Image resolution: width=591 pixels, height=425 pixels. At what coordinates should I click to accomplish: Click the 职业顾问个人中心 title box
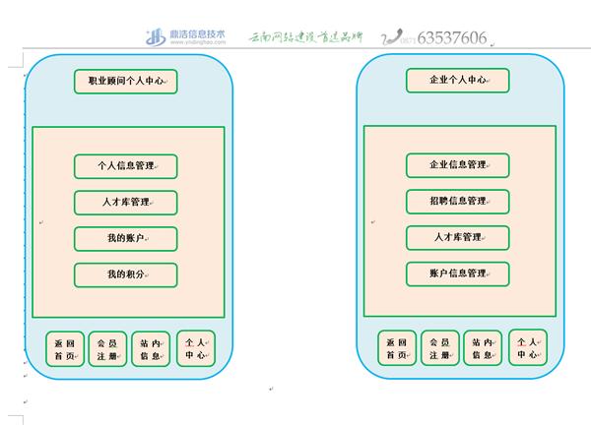(x=126, y=81)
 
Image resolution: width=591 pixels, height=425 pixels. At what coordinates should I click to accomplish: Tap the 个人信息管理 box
(x=126, y=165)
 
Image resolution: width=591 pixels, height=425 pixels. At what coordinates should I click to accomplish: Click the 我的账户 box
(x=126, y=238)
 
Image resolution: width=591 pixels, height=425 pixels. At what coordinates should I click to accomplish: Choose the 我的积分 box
(x=126, y=274)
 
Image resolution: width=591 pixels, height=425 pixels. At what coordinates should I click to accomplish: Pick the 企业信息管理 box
(x=458, y=165)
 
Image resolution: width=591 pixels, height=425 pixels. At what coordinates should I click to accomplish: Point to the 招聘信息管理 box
(x=458, y=202)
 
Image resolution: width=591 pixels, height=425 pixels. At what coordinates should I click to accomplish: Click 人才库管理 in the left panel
(x=126, y=202)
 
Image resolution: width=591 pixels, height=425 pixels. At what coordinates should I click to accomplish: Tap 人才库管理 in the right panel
(x=458, y=238)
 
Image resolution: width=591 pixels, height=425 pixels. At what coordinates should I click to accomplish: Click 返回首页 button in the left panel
(x=65, y=348)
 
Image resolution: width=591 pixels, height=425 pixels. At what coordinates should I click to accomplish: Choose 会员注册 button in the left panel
(x=107, y=348)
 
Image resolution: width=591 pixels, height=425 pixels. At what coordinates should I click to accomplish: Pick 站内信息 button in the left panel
(x=151, y=348)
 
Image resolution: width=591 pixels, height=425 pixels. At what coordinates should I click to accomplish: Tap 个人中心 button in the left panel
(x=195, y=348)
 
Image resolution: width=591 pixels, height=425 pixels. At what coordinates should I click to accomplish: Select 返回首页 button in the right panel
(x=397, y=348)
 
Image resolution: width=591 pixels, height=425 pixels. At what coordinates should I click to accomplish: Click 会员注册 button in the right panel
(x=439, y=348)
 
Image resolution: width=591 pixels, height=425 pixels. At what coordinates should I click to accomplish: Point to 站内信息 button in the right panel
(x=483, y=348)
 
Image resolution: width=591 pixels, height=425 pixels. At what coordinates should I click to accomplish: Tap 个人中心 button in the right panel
(x=527, y=348)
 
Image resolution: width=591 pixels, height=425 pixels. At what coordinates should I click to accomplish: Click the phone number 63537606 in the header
(x=452, y=38)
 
